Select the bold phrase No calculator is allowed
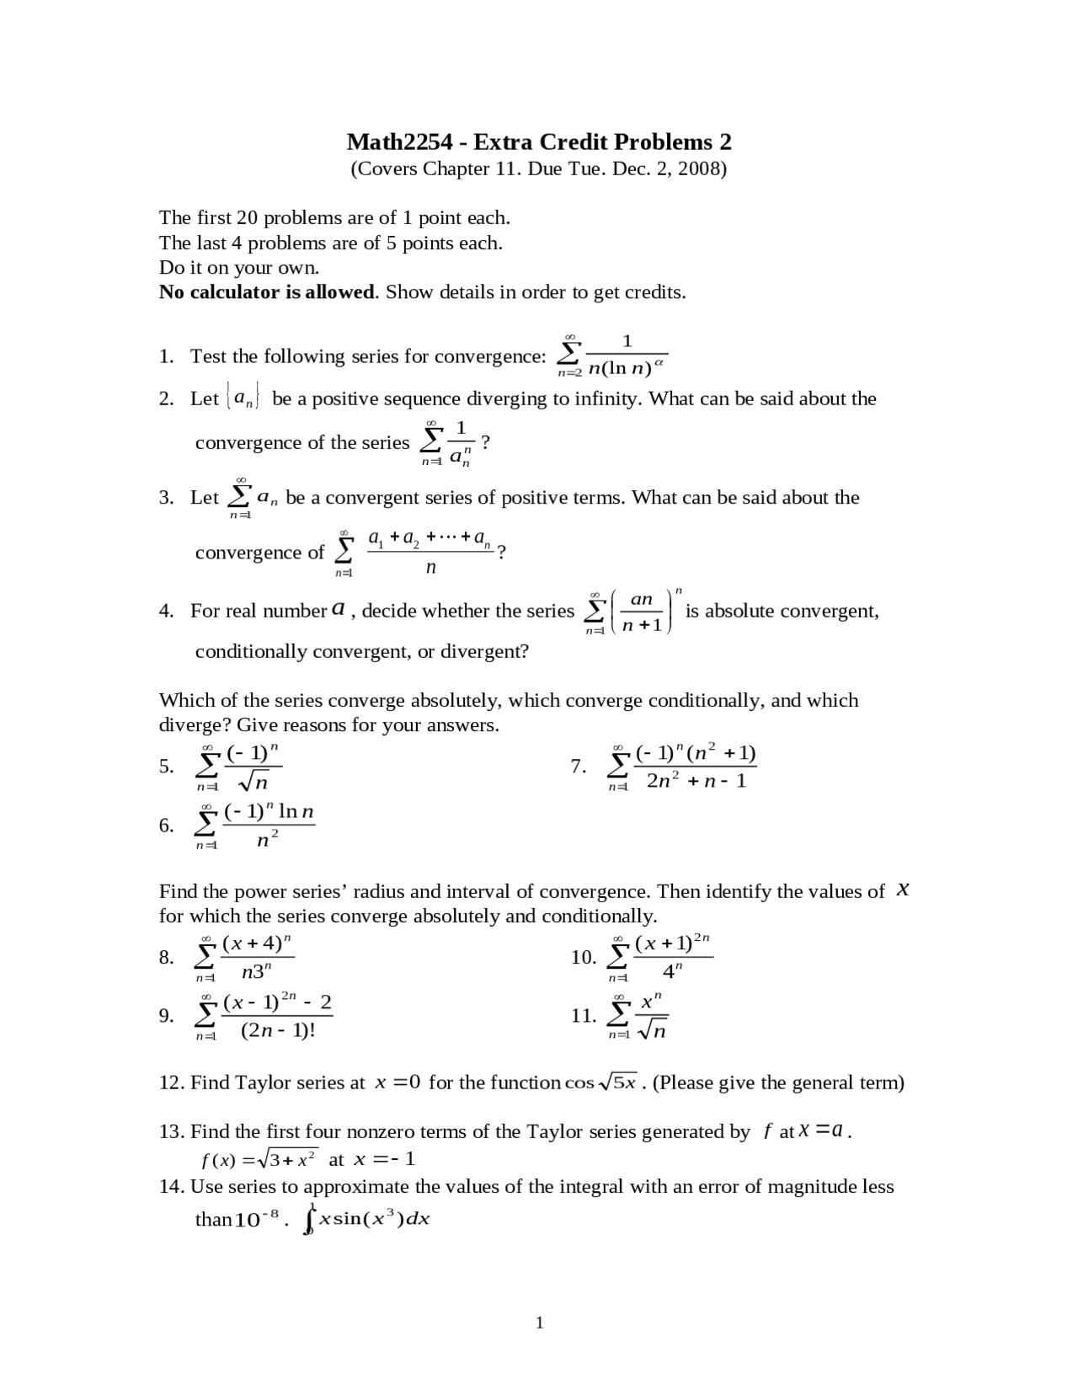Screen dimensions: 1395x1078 pyautogui.click(x=267, y=292)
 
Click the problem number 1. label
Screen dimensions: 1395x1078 pyautogui.click(x=167, y=356)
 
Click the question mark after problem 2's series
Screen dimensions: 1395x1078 pyautogui.click(x=485, y=441)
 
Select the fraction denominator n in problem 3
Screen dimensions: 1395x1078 pyautogui.click(x=430, y=568)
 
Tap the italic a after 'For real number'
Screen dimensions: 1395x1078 pyautogui.click(x=338, y=609)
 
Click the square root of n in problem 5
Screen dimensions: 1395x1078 pyautogui.click(x=253, y=783)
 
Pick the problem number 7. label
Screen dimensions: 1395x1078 pyautogui.click(x=578, y=766)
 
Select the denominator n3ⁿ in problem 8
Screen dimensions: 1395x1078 pyautogui.click(x=257, y=972)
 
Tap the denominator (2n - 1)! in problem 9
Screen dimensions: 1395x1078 pyautogui.click(x=278, y=1030)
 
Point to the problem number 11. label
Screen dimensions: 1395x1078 pyautogui.click(x=583, y=1015)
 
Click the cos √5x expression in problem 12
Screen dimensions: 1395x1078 pyautogui.click(x=601, y=1082)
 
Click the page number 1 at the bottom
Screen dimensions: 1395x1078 pyautogui.click(x=539, y=1323)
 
